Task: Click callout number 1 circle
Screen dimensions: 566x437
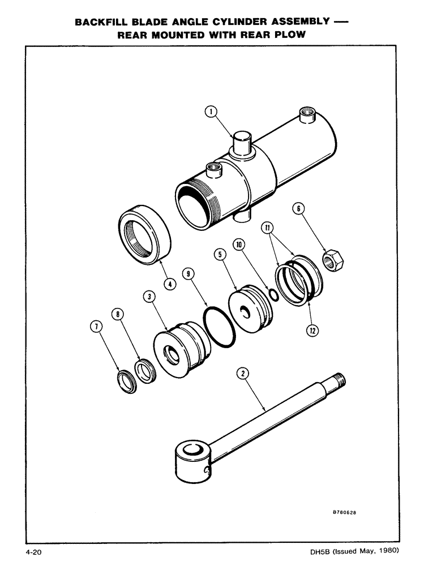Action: pos(211,112)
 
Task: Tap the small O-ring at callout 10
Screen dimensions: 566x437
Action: pos(273,294)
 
